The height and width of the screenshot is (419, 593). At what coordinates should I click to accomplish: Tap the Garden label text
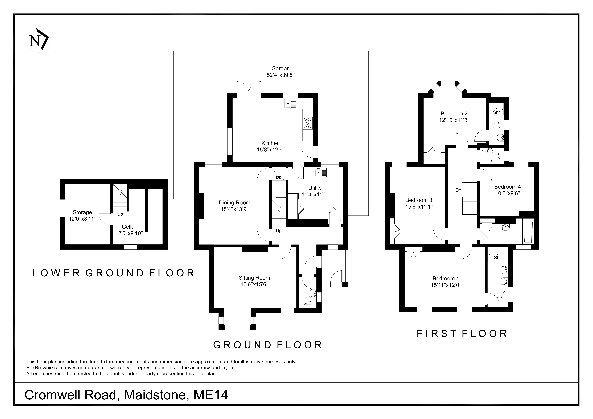tap(280, 68)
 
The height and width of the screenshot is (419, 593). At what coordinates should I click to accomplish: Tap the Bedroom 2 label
tap(454, 114)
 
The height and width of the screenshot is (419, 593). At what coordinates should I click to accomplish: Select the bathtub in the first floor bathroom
tap(528, 232)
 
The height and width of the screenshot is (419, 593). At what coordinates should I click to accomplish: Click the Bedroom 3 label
tap(419, 200)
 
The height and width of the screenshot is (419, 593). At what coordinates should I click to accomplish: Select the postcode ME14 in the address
tap(211, 395)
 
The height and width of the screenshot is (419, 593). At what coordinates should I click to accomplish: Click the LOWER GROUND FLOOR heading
tap(114, 273)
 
